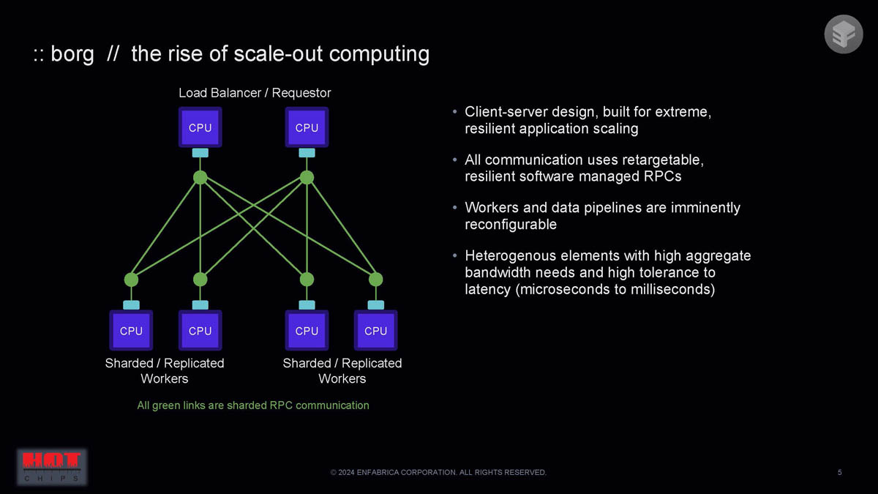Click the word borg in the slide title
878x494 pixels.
(72, 54)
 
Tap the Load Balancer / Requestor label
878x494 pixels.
(255, 93)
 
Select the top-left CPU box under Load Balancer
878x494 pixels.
(200, 127)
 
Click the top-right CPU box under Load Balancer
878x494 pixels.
(307, 127)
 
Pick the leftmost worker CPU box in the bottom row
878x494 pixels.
(131, 330)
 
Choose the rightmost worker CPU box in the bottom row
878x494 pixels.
(375, 330)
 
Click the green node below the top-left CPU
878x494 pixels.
(200, 178)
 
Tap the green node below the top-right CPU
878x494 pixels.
(307, 178)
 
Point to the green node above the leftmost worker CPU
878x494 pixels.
(131, 279)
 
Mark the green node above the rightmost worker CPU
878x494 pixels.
(375, 279)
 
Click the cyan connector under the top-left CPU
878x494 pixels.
(200, 153)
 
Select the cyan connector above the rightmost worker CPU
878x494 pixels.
(375, 304)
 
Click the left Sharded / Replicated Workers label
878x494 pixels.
(165, 371)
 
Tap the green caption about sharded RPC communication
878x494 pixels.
(253, 405)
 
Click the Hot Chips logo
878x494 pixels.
(51, 466)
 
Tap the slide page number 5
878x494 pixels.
(839, 472)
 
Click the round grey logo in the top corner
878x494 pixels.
(844, 34)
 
